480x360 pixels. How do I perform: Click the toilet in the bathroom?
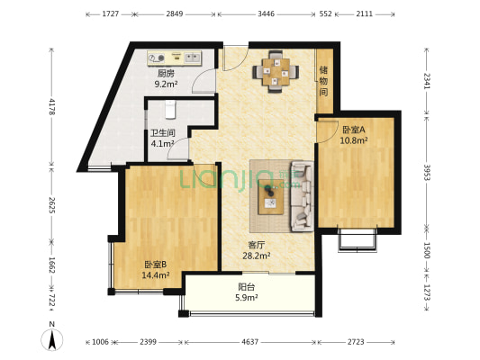[170, 109]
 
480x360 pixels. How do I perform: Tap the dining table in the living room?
[276, 72]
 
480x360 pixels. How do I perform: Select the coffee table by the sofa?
[270, 197]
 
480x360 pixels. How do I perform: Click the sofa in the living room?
[302, 196]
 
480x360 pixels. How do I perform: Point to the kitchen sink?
[193, 58]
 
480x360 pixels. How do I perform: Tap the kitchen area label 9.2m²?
[167, 84]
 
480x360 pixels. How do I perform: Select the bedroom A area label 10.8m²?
[354, 140]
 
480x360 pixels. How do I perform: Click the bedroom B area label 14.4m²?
[156, 275]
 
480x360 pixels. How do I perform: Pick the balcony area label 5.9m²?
[247, 297]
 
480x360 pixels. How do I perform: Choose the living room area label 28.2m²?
[257, 256]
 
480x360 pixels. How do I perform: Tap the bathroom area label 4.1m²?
[162, 143]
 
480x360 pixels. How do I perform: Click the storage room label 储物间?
[323, 81]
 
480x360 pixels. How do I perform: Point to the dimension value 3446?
[266, 14]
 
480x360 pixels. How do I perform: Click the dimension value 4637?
[250, 342]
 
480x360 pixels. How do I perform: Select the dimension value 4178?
[51, 106]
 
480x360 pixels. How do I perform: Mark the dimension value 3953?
[427, 172]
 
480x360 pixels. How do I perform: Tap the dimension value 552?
[325, 14]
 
